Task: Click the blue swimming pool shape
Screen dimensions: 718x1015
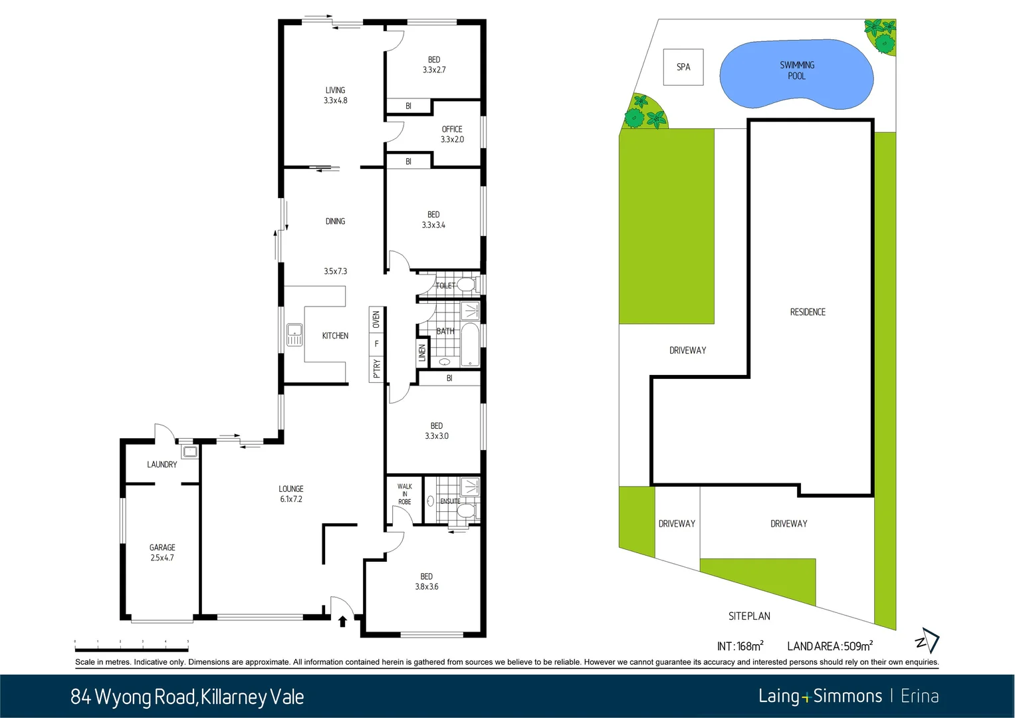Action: coord(796,74)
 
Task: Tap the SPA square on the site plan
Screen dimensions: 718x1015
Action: coord(683,67)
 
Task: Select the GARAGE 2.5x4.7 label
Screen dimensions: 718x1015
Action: coord(162,552)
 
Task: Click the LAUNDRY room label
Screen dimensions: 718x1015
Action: coord(162,465)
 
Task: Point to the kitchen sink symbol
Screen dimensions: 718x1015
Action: coord(294,334)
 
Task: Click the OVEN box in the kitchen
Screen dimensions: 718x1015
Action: coord(376,320)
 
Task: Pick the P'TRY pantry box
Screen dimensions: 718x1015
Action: coord(376,368)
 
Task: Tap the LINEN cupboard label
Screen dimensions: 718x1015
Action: coord(422,352)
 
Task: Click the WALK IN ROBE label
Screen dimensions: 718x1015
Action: coord(405,494)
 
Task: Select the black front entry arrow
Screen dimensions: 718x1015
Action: coord(342,622)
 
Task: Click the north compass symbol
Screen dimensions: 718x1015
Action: coord(928,641)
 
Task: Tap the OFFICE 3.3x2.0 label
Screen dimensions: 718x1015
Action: coord(452,134)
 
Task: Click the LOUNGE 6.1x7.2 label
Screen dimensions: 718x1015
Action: coord(291,494)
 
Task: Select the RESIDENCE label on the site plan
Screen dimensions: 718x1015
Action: coord(808,312)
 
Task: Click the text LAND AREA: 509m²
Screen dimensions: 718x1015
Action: coord(830,646)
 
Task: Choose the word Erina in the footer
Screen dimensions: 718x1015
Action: coord(919,696)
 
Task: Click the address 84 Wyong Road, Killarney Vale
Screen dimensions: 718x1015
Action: coord(187,697)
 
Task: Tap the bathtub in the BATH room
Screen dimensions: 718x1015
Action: coord(470,345)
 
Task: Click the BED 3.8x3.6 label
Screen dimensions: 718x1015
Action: coord(427,582)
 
